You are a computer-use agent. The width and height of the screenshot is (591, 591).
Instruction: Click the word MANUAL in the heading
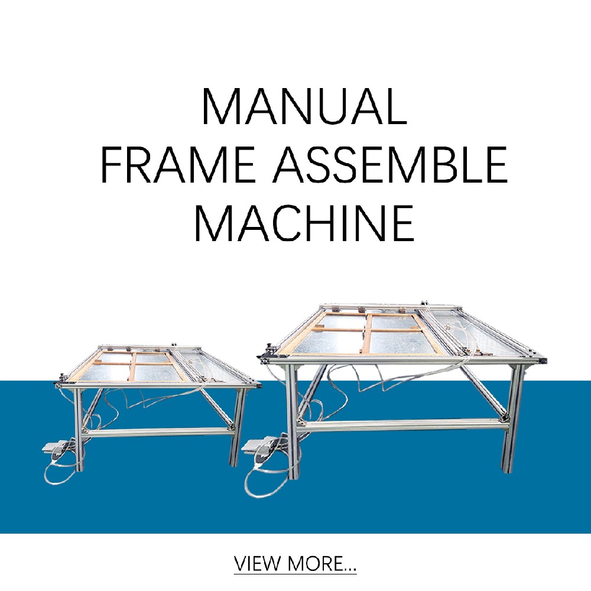tap(304, 106)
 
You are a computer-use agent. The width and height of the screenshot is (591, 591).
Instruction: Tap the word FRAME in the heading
tap(176, 165)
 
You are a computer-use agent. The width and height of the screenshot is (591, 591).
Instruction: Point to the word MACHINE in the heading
tap(304, 223)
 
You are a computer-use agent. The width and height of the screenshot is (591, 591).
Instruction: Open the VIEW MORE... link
tap(295, 564)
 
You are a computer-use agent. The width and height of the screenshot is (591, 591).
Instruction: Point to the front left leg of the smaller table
tap(79, 430)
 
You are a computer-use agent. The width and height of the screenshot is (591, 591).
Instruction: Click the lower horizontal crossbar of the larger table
tap(402, 424)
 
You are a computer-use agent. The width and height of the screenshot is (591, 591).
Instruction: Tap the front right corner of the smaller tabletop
tap(259, 385)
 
